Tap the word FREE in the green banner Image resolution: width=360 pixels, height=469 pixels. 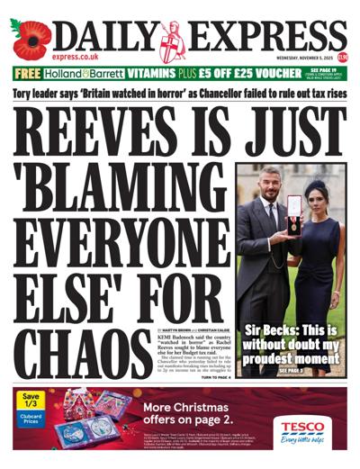(x=28, y=75)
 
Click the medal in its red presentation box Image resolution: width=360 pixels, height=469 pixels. (x=293, y=222)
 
